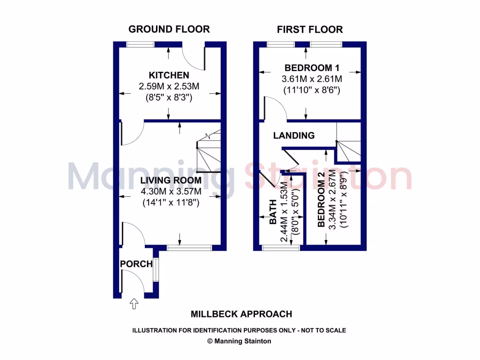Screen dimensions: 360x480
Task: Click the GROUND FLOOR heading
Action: click(169, 29)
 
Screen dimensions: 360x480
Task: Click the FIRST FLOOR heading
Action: click(309, 30)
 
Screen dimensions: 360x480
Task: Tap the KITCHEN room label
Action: click(169, 75)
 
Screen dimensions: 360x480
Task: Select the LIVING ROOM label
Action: click(171, 180)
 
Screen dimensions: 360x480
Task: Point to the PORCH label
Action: click(136, 264)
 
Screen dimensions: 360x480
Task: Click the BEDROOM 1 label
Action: click(312, 67)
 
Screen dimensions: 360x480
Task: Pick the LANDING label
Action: click(294, 135)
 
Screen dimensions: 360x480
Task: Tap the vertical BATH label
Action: click(273, 218)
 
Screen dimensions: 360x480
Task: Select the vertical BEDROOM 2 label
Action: click(321, 200)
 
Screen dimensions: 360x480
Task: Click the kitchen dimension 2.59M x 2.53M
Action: click(169, 86)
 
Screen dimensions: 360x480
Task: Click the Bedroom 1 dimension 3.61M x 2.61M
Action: click(312, 78)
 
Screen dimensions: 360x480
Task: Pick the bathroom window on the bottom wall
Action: click(281, 247)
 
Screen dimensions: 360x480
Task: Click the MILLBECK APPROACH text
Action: click(241, 314)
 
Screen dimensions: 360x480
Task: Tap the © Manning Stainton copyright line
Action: click(239, 341)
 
